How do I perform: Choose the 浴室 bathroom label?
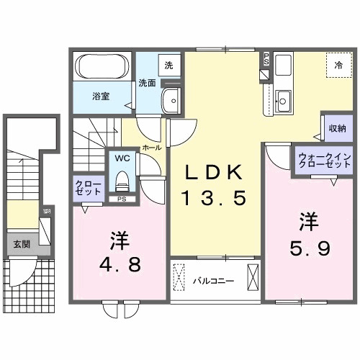(x=99, y=96)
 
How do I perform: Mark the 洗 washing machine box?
(x=168, y=65)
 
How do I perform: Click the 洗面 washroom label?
(x=147, y=83)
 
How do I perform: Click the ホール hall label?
(x=151, y=147)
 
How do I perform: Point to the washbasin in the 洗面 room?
(x=171, y=100)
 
